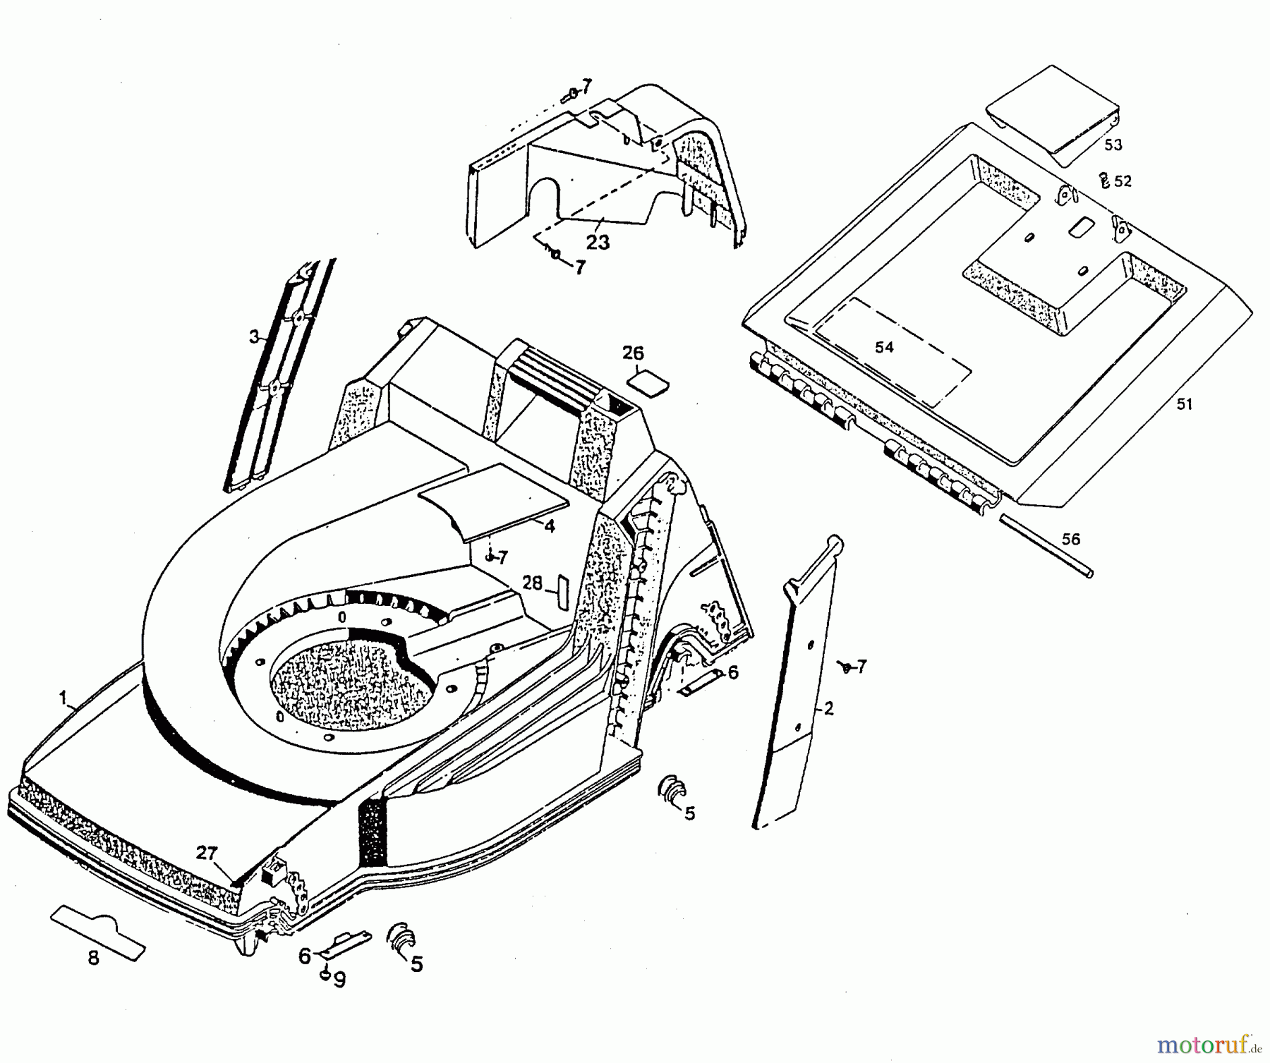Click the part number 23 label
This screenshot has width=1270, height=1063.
coord(598,242)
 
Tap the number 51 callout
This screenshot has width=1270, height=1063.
coord(1184,404)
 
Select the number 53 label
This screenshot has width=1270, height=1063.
coord(1113,145)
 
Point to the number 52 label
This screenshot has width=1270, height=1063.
coord(1123,181)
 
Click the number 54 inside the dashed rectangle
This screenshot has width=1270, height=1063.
coord(884,347)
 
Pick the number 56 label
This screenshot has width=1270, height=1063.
coord(1070,539)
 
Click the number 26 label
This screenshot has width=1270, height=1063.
coord(633,353)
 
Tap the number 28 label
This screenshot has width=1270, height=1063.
coord(533,583)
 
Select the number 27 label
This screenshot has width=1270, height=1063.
coord(207,854)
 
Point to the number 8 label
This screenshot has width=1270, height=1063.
coord(93,957)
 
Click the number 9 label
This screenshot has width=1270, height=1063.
coord(339,981)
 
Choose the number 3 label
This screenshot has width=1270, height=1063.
coord(254,336)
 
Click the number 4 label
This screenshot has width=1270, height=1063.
coord(549,526)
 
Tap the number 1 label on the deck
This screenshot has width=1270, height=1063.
coord(63,698)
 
